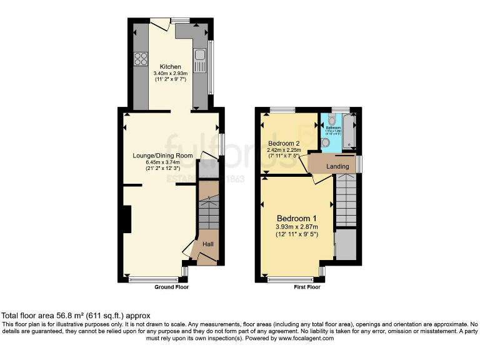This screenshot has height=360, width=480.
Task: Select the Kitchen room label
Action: [x=170, y=67]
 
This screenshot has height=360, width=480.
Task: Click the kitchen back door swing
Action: [x=161, y=24]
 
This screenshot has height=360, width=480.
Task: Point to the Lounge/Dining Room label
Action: [x=162, y=156]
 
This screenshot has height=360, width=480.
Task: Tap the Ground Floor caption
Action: [x=171, y=287]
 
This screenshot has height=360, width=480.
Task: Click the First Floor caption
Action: [x=307, y=287]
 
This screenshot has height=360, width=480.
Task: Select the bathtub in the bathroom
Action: [x=349, y=131]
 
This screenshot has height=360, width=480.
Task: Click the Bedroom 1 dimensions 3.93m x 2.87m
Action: [x=297, y=227]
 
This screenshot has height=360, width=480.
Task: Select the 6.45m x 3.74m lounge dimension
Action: [x=162, y=162]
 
